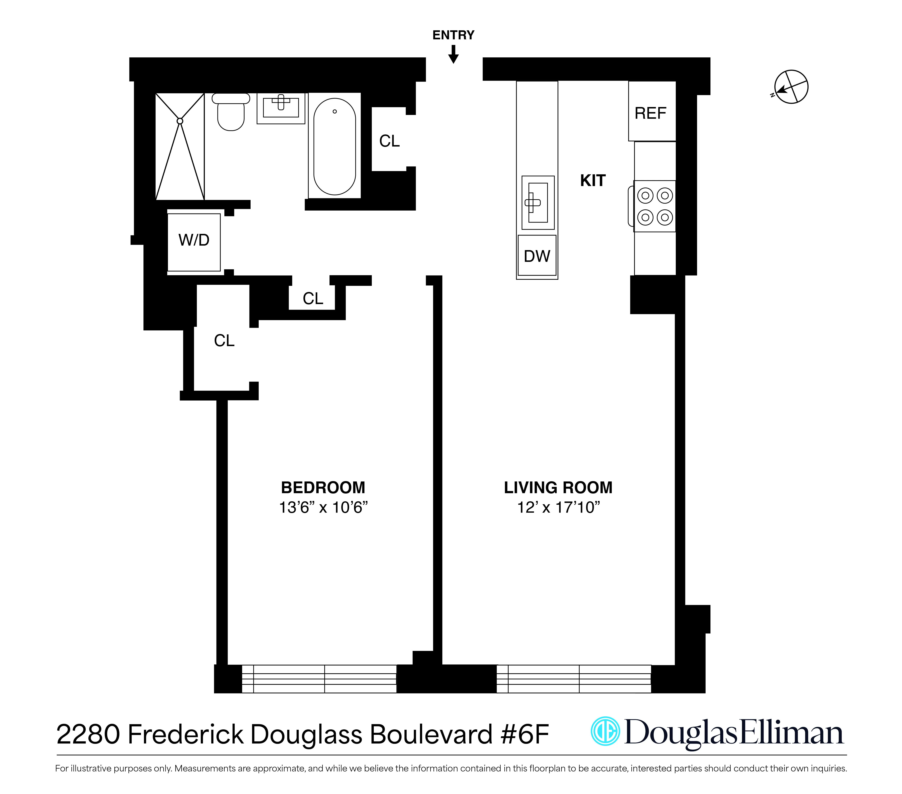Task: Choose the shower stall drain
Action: click(x=180, y=121)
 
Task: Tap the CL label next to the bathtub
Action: click(x=389, y=141)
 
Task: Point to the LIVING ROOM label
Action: click(x=558, y=487)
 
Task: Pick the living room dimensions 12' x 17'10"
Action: click(x=558, y=508)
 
